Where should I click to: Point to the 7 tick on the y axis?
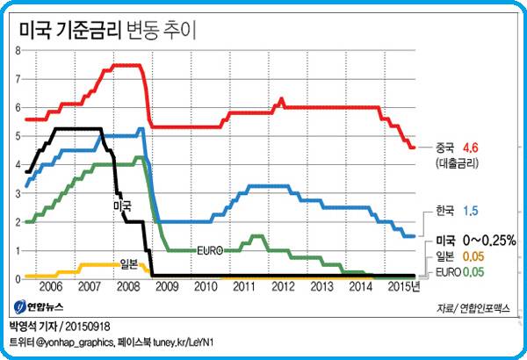[18, 79]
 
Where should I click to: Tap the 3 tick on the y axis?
[18, 193]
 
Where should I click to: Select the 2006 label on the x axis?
[51, 287]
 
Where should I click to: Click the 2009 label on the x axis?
[167, 287]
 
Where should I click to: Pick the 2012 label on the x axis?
[283, 287]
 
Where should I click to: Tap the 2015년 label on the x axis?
[403, 287]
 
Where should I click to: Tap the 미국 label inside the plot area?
[122, 205]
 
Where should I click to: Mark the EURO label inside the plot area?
[210, 250]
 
